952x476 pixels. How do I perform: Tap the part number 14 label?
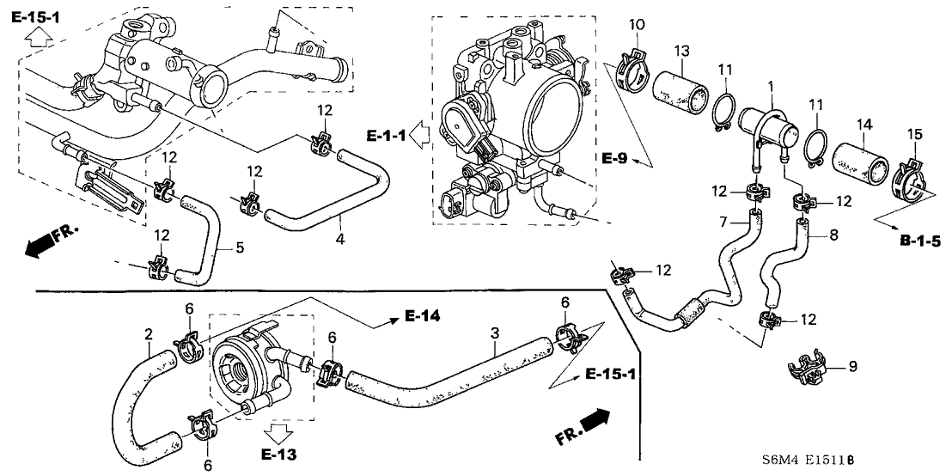click(x=863, y=125)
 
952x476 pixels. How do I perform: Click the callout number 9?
click(x=852, y=367)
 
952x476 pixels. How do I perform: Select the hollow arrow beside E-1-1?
click(x=420, y=134)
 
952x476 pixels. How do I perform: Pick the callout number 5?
click(x=240, y=248)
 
